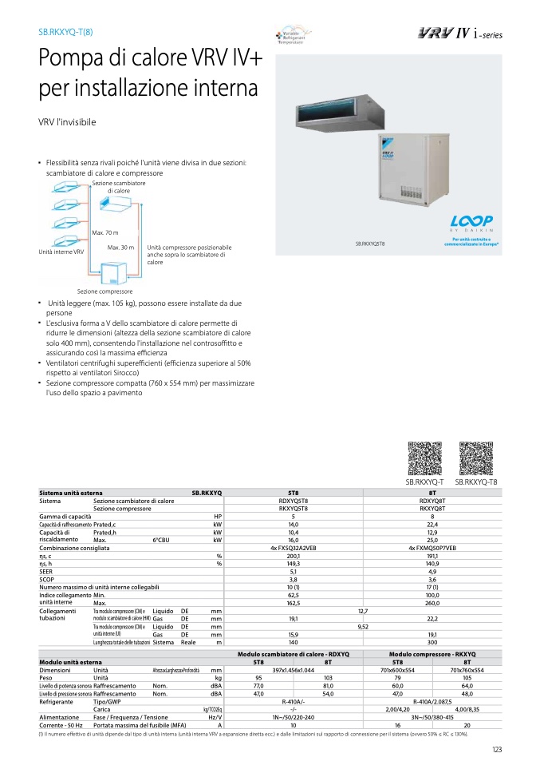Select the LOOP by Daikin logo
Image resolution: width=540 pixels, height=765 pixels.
[x=471, y=224]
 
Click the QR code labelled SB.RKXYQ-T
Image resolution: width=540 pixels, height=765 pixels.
[x=424, y=458]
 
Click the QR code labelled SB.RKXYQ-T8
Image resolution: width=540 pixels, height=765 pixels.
[x=476, y=458]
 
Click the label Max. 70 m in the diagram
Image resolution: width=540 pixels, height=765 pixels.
[x=105, y=232]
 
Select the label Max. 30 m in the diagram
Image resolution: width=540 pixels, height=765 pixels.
[x=120, y=248]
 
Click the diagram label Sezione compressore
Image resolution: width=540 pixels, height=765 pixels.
[x=104, y=291]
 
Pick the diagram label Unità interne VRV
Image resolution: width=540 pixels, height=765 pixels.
[x=61, y=252]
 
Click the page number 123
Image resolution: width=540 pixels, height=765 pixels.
[x=496, y=748]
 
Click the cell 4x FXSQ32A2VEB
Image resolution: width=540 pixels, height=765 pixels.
[x=294, y=549]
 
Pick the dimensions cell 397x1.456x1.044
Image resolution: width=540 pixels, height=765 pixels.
[x=294, y=670]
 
